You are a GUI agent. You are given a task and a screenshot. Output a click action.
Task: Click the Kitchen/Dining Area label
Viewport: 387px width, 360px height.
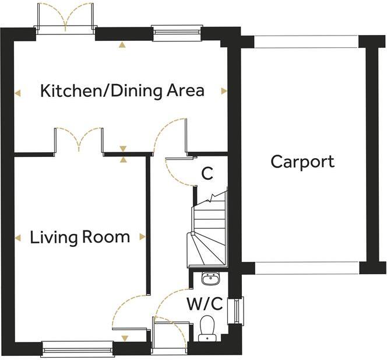tap(122, 90)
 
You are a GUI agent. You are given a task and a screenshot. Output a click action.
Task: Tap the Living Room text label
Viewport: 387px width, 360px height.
tap(80, 237)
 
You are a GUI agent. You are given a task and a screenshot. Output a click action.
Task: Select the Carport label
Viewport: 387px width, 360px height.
tap(302, 162)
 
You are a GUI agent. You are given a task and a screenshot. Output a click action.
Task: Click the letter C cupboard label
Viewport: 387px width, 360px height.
tap(207, 173)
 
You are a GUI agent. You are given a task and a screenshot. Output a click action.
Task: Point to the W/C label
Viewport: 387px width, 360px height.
tap(205, 303)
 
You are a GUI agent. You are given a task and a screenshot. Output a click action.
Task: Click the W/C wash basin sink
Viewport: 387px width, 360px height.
tap(210, 278)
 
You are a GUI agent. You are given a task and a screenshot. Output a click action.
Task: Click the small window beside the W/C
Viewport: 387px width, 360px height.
tap(237, 310)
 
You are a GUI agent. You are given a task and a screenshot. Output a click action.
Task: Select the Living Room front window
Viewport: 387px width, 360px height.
tap(78, 349)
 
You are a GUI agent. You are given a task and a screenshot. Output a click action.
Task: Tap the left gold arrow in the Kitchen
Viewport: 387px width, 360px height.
tap(17, 93)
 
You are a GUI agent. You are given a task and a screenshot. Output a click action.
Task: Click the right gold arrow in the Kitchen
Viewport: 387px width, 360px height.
tap(224, 91)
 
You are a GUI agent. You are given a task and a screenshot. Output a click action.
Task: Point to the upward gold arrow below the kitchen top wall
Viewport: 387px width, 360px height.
tap(122, 44)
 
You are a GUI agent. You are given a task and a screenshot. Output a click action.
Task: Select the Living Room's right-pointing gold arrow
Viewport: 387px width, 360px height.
tap(142, 237)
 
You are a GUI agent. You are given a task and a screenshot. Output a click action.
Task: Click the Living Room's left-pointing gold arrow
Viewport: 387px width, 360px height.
tap(17, 238)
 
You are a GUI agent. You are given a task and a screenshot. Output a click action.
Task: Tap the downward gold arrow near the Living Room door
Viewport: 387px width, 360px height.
tap(125, 338)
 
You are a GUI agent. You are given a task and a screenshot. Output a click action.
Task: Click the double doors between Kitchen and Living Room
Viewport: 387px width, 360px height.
tap(79, 141)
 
